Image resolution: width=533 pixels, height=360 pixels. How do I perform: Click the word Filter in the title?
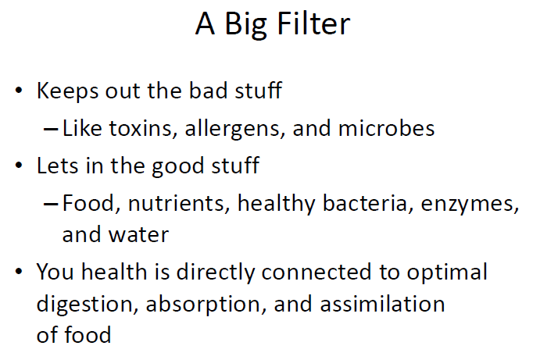click(x=313, y=23)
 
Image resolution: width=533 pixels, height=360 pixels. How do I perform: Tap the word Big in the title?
click(x=245, y=26)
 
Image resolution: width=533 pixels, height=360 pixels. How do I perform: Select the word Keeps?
click(x=68, y=91)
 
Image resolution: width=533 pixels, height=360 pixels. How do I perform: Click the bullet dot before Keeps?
click(x=19, y=91)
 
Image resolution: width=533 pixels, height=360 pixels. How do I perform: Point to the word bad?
click(x=208, y=91)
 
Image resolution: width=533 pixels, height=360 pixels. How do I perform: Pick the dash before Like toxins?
click(x=51, y=130)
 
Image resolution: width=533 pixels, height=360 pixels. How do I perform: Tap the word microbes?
click(x=387, y=128)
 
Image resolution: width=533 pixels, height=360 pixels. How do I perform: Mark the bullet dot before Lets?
click(x=19, y=166)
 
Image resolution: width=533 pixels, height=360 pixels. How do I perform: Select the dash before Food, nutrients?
click(x=51, y=204)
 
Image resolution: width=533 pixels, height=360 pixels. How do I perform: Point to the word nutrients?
click(x=177, y=204)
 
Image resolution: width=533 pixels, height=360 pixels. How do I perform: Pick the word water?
click(x=138, y=235)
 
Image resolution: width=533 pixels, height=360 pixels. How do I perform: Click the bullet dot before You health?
click(x=19, y=271)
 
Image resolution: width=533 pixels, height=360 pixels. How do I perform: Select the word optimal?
click(x=447, y=273)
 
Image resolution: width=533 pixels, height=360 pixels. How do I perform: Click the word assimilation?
click(x=382, y=304)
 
